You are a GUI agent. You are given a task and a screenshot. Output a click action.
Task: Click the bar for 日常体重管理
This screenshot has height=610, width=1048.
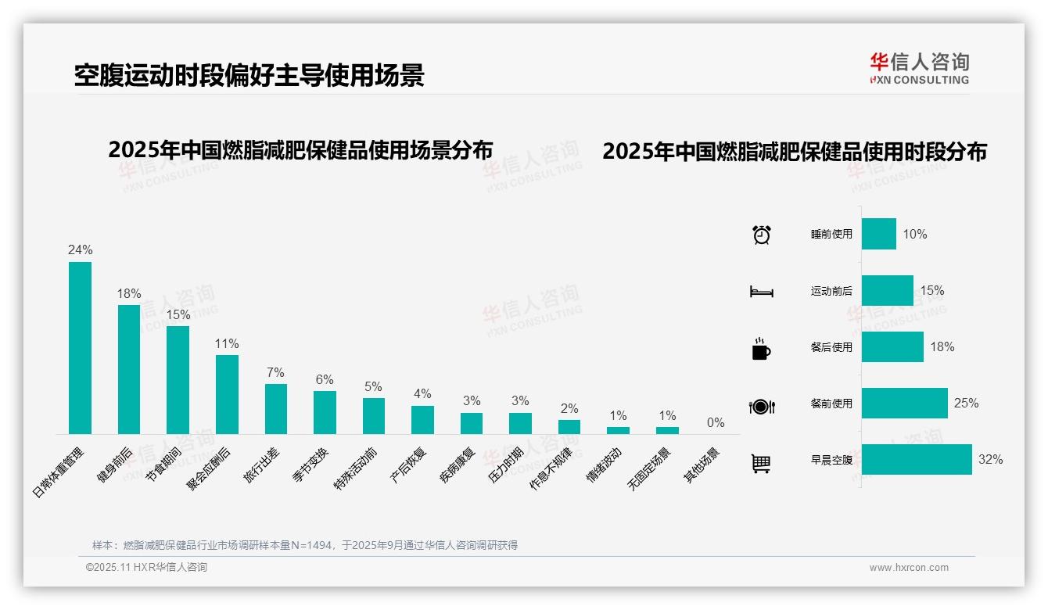point(80,348)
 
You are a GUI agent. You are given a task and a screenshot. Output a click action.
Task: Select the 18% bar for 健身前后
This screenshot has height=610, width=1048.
point(129,369)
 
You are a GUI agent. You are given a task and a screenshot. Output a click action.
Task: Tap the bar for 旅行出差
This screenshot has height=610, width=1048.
point(276,408)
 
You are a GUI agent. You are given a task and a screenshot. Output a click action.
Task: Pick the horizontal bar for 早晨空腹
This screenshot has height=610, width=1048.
point(917,460)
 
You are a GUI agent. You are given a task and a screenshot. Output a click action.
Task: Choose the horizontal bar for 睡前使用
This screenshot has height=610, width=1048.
point(879,234)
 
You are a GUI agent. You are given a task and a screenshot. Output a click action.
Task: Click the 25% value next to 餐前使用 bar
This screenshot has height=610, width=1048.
point(966,404)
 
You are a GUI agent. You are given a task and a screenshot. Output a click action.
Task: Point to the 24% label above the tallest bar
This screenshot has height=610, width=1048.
point(80,250)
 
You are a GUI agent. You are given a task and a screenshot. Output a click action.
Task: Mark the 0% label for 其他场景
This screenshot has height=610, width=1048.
point(716,423)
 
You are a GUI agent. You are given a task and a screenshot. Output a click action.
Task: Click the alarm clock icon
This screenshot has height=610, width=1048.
point(761,235)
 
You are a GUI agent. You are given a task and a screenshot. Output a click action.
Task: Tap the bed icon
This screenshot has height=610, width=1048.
point(761,292)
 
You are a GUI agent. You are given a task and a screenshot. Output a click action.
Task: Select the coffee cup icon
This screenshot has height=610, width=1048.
point(761,349)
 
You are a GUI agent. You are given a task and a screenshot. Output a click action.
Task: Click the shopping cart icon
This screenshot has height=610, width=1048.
point(761,463)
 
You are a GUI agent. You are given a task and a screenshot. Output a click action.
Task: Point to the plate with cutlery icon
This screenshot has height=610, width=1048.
point(761,406)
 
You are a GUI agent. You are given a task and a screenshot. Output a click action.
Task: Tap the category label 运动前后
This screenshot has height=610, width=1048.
point(831,291)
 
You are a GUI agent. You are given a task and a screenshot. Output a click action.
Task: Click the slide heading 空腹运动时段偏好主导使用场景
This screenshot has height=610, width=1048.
point(249,76)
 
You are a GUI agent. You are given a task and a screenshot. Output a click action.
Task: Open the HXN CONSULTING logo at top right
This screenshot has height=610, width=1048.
point(919,69)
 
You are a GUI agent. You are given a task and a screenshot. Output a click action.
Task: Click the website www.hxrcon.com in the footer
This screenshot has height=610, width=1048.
point(909,568)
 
